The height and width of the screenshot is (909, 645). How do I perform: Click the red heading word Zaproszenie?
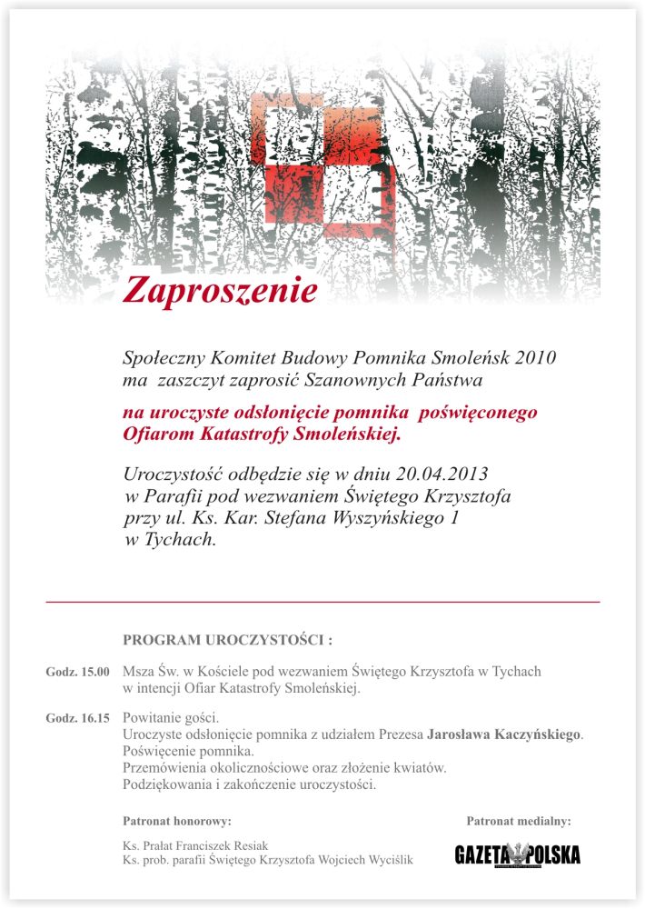pos(221,290)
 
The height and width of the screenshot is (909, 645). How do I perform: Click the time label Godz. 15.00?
pos(78,673)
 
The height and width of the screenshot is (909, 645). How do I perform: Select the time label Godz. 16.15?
pos(78,719)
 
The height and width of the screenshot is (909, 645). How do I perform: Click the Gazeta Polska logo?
pos(518,854)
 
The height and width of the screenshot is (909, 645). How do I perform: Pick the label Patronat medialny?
pos(519,822)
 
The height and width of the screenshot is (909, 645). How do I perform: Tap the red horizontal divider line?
pos(322,602)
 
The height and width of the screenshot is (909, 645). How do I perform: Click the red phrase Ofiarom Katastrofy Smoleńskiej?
pos(261,435)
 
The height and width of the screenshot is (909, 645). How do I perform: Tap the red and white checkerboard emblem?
pos(322,159)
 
